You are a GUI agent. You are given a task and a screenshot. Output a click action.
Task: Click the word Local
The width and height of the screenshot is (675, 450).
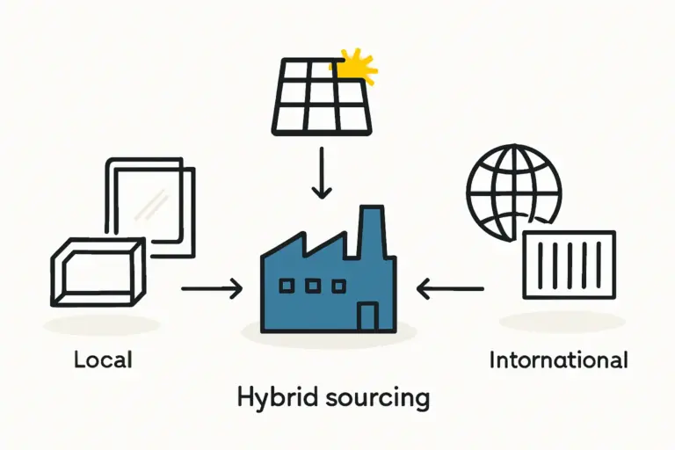coord(103,359)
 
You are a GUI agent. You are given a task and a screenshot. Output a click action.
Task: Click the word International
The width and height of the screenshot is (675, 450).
coord(558,359)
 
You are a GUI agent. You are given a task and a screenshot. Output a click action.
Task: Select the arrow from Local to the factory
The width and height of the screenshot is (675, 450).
coord(211,287)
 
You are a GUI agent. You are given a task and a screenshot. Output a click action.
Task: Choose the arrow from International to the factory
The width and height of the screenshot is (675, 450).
coord(450,287)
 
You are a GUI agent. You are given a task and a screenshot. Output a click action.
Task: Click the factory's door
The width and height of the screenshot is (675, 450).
coord(368,316)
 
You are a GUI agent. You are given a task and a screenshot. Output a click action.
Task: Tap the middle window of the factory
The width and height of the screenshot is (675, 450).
coord(312,285)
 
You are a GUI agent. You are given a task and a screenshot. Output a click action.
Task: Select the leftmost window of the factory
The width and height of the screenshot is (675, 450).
coord(287,285)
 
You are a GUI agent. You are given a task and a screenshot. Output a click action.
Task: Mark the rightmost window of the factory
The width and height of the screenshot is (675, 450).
coord(336,285)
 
